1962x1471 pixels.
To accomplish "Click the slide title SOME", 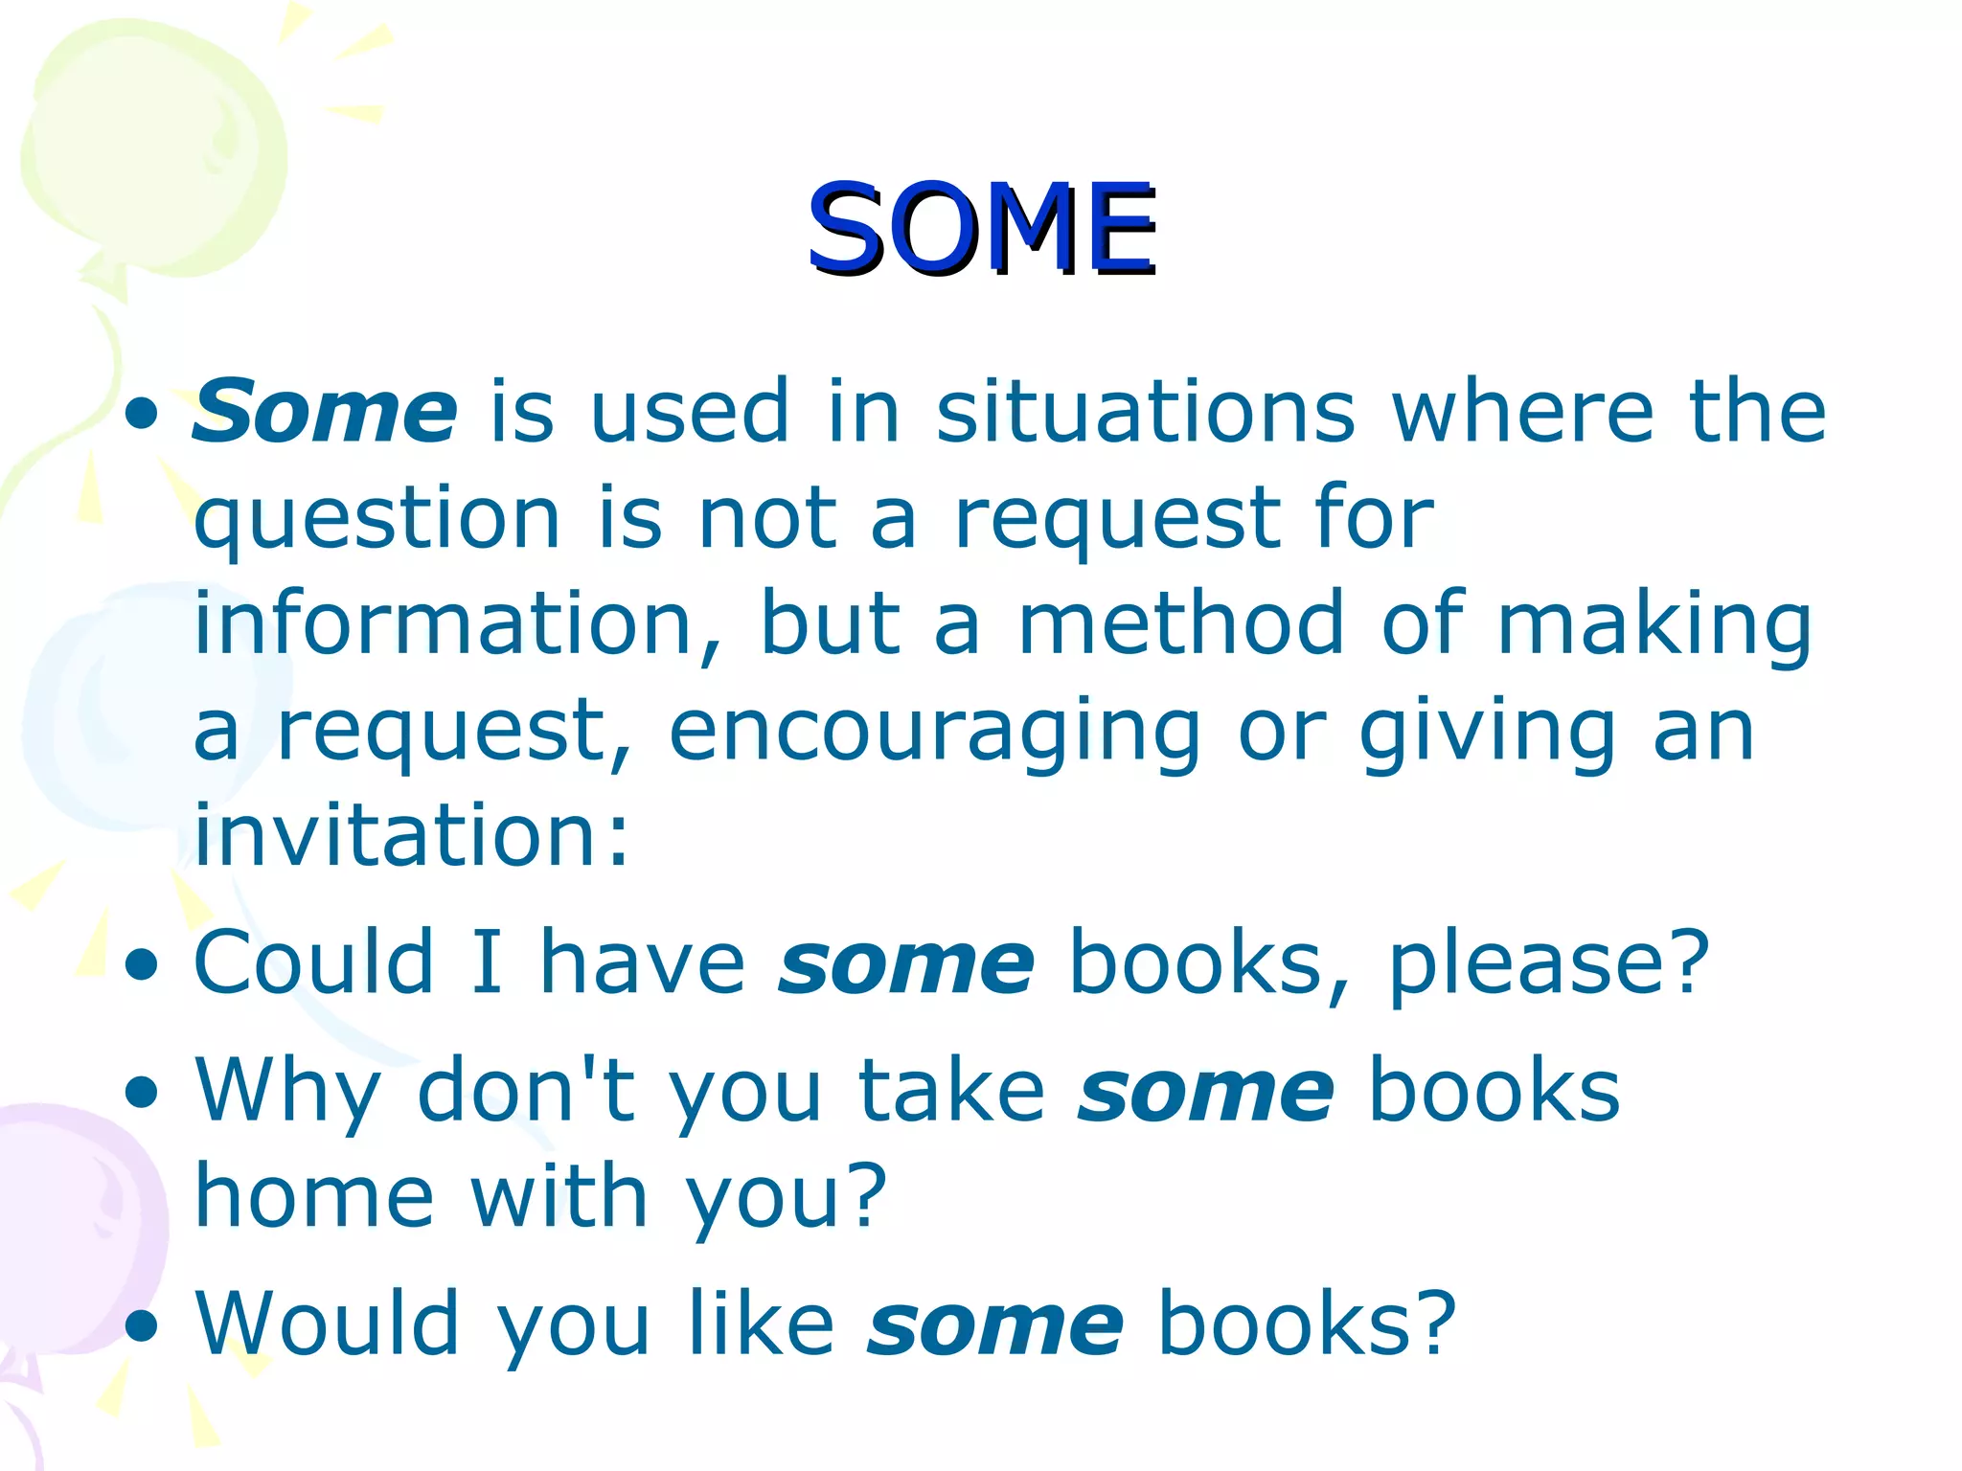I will pos(982,230).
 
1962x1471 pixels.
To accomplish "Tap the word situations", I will pos(1146,412).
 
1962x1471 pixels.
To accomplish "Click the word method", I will pos(1181,624).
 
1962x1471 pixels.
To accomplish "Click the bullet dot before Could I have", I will pos(142,965).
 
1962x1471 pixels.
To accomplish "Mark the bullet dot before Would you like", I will pos(142,1327).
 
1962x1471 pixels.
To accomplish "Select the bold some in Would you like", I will pos(995,1325).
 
